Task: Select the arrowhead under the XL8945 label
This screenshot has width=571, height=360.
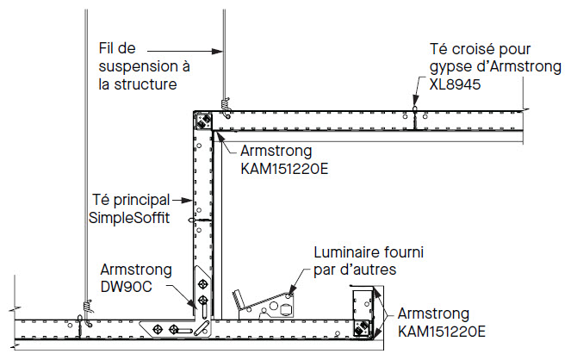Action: tap(416, 109)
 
